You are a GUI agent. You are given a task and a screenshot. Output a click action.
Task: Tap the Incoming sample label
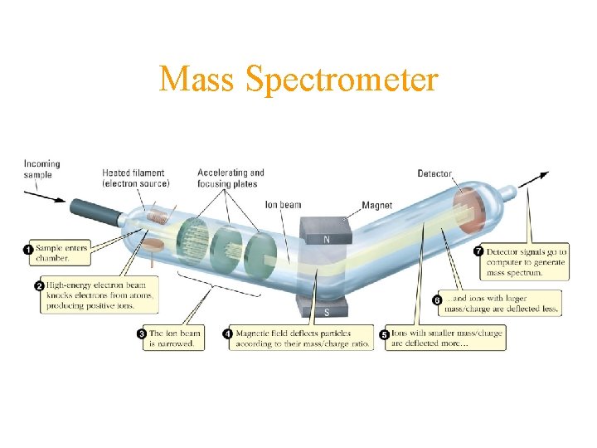point(41,169)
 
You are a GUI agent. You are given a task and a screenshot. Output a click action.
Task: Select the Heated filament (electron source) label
point(136,178)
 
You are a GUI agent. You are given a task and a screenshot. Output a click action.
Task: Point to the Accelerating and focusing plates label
point(231,178)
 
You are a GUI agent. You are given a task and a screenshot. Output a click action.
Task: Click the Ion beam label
point(283,204)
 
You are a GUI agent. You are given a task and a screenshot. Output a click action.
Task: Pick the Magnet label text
point(377,205)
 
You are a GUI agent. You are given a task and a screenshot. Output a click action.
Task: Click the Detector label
point(434,174)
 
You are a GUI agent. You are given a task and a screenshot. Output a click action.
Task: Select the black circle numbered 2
point(39,286)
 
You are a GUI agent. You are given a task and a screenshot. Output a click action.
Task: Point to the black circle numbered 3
point(142,334)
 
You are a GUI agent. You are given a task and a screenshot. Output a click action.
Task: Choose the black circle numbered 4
point(228,334)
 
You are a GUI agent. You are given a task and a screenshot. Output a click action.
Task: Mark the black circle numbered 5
point(384,334)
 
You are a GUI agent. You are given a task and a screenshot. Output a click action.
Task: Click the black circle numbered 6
point(439,299)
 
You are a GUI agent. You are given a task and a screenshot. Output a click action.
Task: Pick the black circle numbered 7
point(478,251)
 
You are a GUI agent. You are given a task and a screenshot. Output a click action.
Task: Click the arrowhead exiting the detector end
point(542,175)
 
